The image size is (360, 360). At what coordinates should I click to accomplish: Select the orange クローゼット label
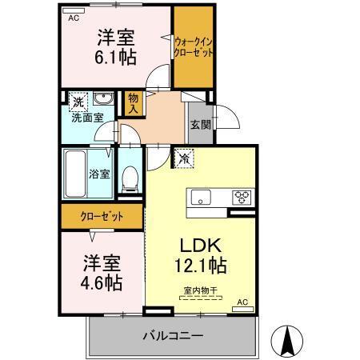click(102, 215)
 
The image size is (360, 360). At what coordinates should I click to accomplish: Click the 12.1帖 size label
click(200, 264)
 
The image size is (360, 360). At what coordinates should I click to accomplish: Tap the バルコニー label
click(174, 336)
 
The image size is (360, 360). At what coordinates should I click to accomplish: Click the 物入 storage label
click(134, 102)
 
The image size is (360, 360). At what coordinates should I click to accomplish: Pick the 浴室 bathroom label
click(99, 174)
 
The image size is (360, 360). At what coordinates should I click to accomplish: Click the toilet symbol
click(130, 180)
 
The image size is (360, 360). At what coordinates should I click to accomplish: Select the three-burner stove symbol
click(242, 197)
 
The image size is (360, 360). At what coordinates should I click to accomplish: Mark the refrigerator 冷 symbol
click(184, 159)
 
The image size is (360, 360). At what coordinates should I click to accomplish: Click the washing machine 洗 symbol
click(78, 102)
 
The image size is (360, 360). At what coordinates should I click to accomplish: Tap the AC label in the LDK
click(243, 302)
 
